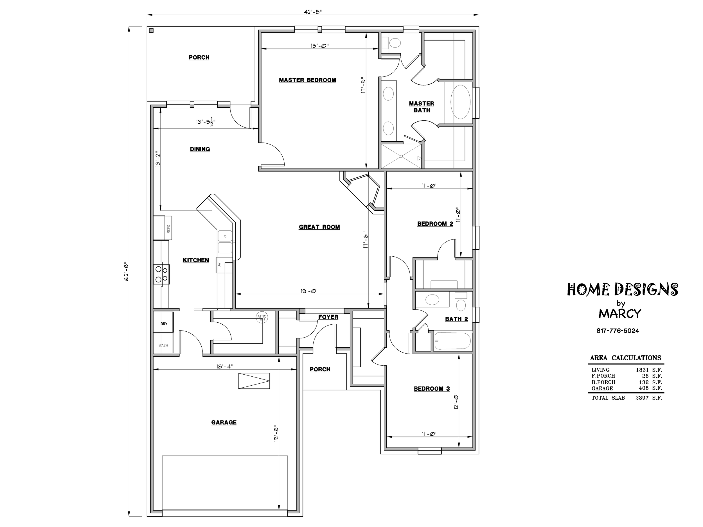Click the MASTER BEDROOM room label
click(307, 80)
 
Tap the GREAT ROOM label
click(319, 227)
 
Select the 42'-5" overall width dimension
click(313, 12)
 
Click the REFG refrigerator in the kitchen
click(163, 228)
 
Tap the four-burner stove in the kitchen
click(161, 274)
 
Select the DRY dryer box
click(163, 322)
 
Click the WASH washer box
click(163, 343)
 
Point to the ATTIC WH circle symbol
click(262, 317)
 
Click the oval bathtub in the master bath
click(460, 102)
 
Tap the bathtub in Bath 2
click(452, 341)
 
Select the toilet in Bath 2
click(461, 302)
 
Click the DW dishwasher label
click(219, 264)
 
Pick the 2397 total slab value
click(642, 398)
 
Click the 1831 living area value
click(642, 370)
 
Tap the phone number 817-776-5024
click(618, 331)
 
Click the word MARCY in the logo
click(620, 314)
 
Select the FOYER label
click(328, 317)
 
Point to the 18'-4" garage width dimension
click(225, 366)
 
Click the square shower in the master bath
click(401, 156)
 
